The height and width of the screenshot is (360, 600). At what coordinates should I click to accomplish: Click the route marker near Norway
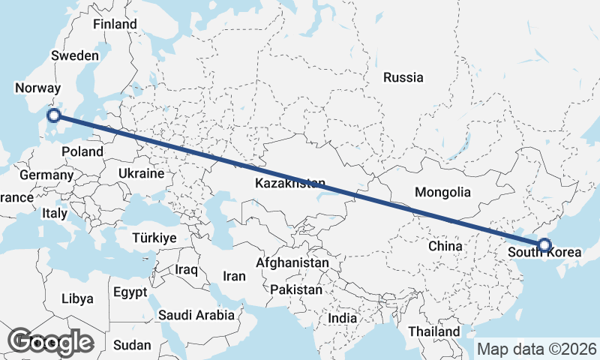[x=53, y=115]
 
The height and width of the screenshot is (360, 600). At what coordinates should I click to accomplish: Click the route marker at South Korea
[x=544, y=244]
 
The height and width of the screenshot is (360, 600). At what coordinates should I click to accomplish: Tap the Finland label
[x=115, y=24]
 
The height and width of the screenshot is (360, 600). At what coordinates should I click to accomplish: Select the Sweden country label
[x=75, y=55]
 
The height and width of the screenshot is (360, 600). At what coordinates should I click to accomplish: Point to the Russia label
[x=403, y=77]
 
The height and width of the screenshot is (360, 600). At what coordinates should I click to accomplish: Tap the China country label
[x=445, y=246]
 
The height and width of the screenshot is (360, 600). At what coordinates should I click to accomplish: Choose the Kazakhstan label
[x=290, y=184]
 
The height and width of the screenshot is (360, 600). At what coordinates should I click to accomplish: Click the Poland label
[x=82, y=151]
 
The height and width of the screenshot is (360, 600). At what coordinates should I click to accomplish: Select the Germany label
[x=46, y=175]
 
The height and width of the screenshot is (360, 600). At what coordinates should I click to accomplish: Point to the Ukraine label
[x=140, y=173]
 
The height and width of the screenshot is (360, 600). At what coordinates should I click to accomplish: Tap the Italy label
[x=54, y=213]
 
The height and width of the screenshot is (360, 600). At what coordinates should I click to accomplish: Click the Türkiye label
[x=154, y=238]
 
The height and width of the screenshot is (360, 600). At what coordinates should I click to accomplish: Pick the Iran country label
[x=234, y=276]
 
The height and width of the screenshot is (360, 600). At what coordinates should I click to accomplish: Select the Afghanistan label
[x=292, y=263]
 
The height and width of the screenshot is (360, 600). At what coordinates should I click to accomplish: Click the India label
[x=342, y=318]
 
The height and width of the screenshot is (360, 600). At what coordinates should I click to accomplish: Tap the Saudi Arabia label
[x=196, y=316]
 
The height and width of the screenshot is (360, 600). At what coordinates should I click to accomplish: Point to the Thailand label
[x=434, y=331]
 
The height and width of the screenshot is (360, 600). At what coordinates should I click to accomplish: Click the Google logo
[x=51, y=342]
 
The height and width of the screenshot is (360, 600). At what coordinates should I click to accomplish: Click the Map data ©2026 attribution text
[x=537, y=349]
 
